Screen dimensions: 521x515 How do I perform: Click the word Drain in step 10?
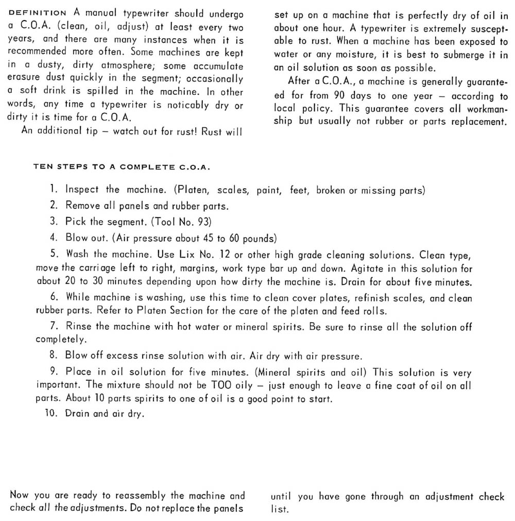point(77,414)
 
